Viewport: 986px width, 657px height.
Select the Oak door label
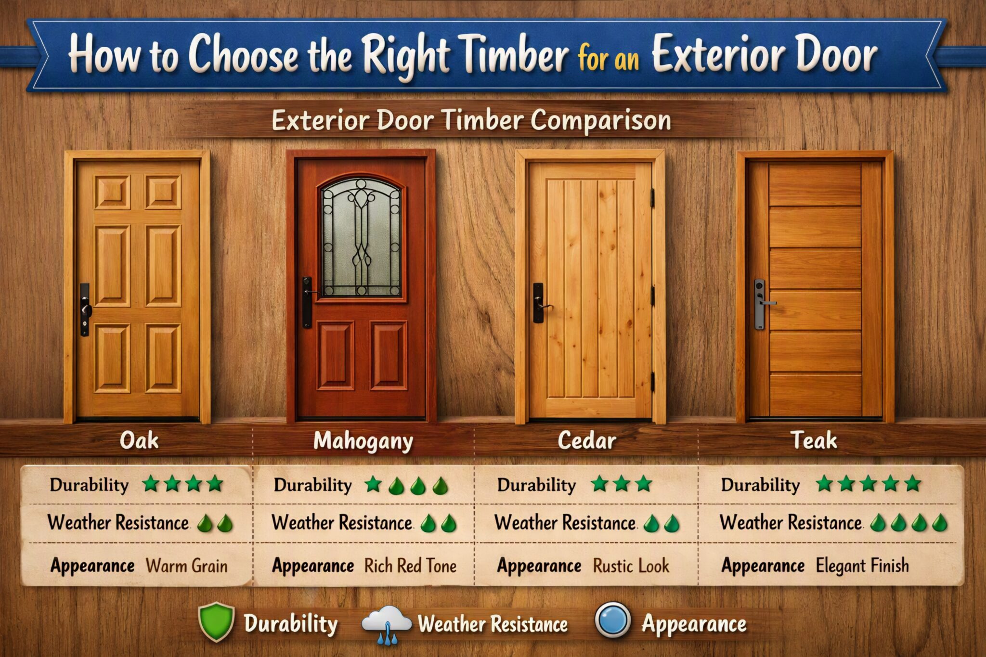139,440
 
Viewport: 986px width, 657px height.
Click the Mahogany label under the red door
363,441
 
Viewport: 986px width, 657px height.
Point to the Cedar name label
587,440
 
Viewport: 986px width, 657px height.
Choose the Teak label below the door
814,440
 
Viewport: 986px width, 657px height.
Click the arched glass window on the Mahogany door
361,237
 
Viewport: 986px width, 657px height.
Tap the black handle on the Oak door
85,309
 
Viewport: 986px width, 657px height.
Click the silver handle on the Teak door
761,304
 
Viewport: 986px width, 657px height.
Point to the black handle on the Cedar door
540,303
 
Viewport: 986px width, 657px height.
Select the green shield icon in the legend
216,621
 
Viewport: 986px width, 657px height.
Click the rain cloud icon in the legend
387,624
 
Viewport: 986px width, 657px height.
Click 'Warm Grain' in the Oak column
187,566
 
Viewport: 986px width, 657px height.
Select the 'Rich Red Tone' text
410,566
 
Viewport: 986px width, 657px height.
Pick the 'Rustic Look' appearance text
631,566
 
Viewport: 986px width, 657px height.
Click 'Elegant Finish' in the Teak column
862,566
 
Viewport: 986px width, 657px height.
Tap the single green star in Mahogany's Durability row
373,484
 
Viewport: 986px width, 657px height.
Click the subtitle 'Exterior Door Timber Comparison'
471,120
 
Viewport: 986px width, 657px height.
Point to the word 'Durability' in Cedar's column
536,485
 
